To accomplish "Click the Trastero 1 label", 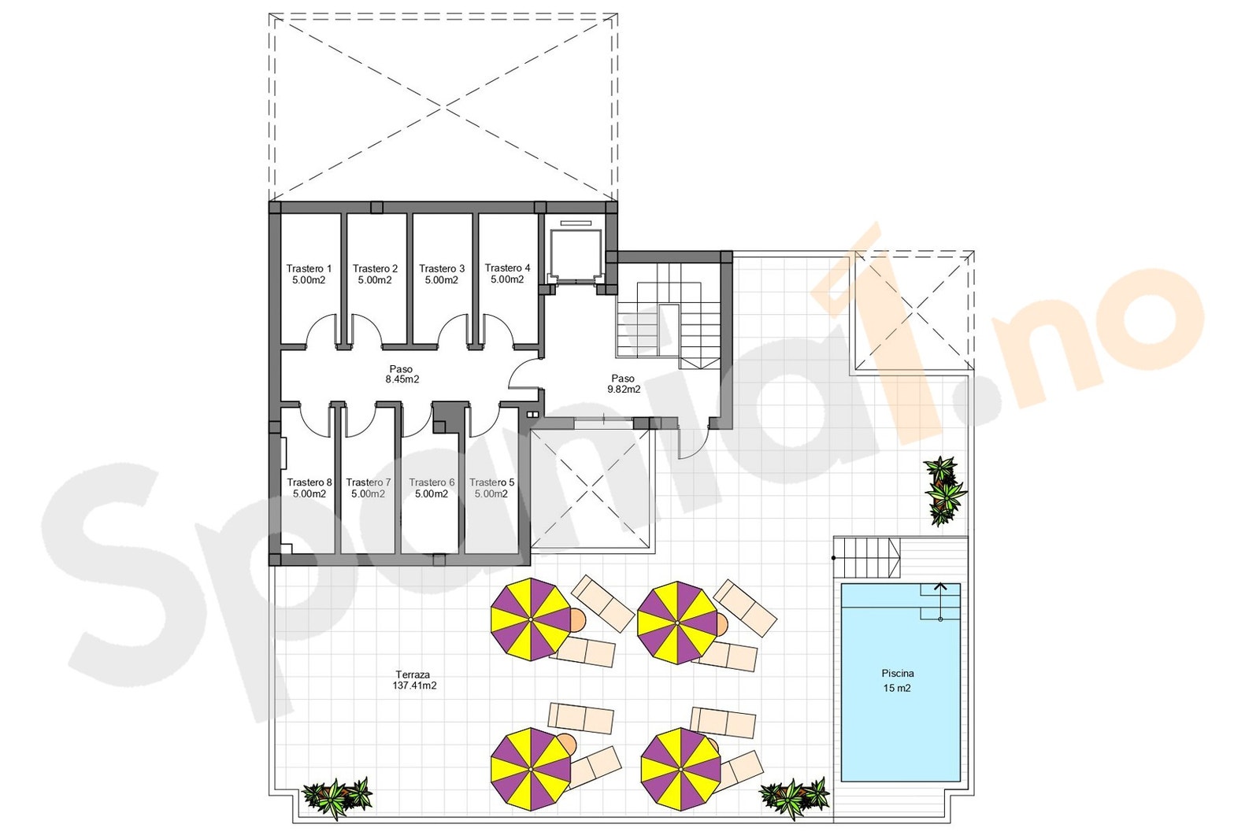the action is click(309, 274).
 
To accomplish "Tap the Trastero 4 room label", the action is click(507, 273).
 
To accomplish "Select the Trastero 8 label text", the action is click(309, 488).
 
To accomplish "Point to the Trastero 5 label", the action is click(491, 488).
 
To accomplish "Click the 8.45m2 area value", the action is click(402, 379).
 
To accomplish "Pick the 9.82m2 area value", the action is click(624, 389).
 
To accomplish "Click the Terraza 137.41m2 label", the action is click(414, 680).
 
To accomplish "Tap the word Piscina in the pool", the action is click(898, 673).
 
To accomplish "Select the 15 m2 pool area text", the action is click(897, 688).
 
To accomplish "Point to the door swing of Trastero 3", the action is click(454, 330).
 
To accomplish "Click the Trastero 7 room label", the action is click(369, 488).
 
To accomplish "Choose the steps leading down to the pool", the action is click(867, 557).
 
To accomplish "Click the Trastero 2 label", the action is click(375, 274).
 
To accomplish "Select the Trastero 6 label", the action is click(432, 488).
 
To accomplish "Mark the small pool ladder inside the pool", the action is click(940, 602).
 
